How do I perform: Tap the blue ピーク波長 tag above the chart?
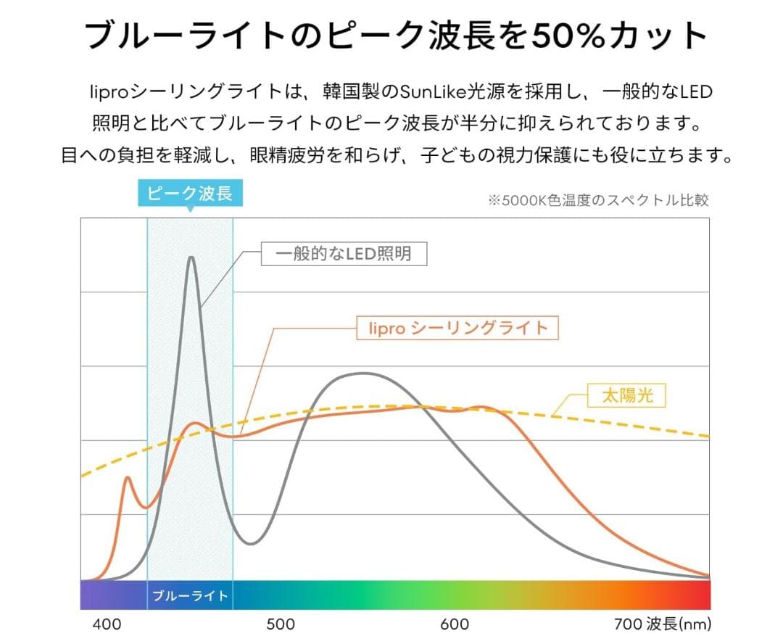point(189,194)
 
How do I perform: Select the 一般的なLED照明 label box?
point(344,254)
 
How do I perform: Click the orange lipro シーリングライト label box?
point(458,328)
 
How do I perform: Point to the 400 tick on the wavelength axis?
point(107,624)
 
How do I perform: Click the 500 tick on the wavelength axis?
point(281,624)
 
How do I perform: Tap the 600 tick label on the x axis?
point(455,624)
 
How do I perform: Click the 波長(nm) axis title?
point(678,624)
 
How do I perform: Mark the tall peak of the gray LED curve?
point(191,257)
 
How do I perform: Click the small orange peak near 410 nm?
point(128,478)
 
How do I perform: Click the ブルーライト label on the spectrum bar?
point(190,596)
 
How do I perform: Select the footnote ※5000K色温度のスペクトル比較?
point(598,200)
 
